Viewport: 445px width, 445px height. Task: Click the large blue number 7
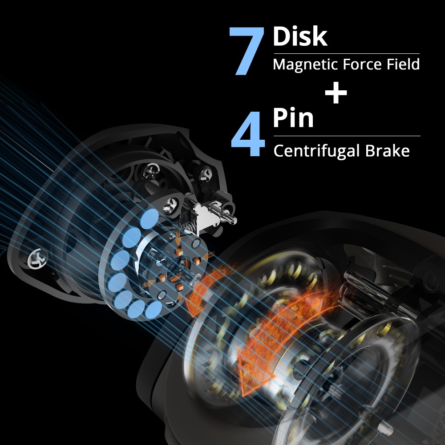tap(247, 51)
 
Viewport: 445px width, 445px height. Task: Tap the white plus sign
tap(336, 93)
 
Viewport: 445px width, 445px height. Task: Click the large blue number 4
tap(248, 133)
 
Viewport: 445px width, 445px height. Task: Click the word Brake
tap(388, 151)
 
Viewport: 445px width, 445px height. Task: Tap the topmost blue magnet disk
tap(150, 218)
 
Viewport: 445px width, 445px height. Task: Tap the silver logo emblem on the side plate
tap(37, 259)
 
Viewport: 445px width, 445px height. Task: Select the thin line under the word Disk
tap(347, 53)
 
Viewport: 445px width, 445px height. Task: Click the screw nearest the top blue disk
tap(171, 204)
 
